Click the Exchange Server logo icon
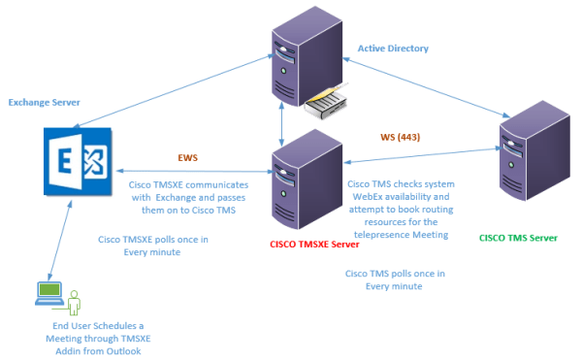(x=74, y=157)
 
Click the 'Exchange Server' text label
(x=44, y=101)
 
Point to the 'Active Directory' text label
(x=393, y=48)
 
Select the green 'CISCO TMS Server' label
(x=519, y=236)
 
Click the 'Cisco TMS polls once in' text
(x=395, y=274)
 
